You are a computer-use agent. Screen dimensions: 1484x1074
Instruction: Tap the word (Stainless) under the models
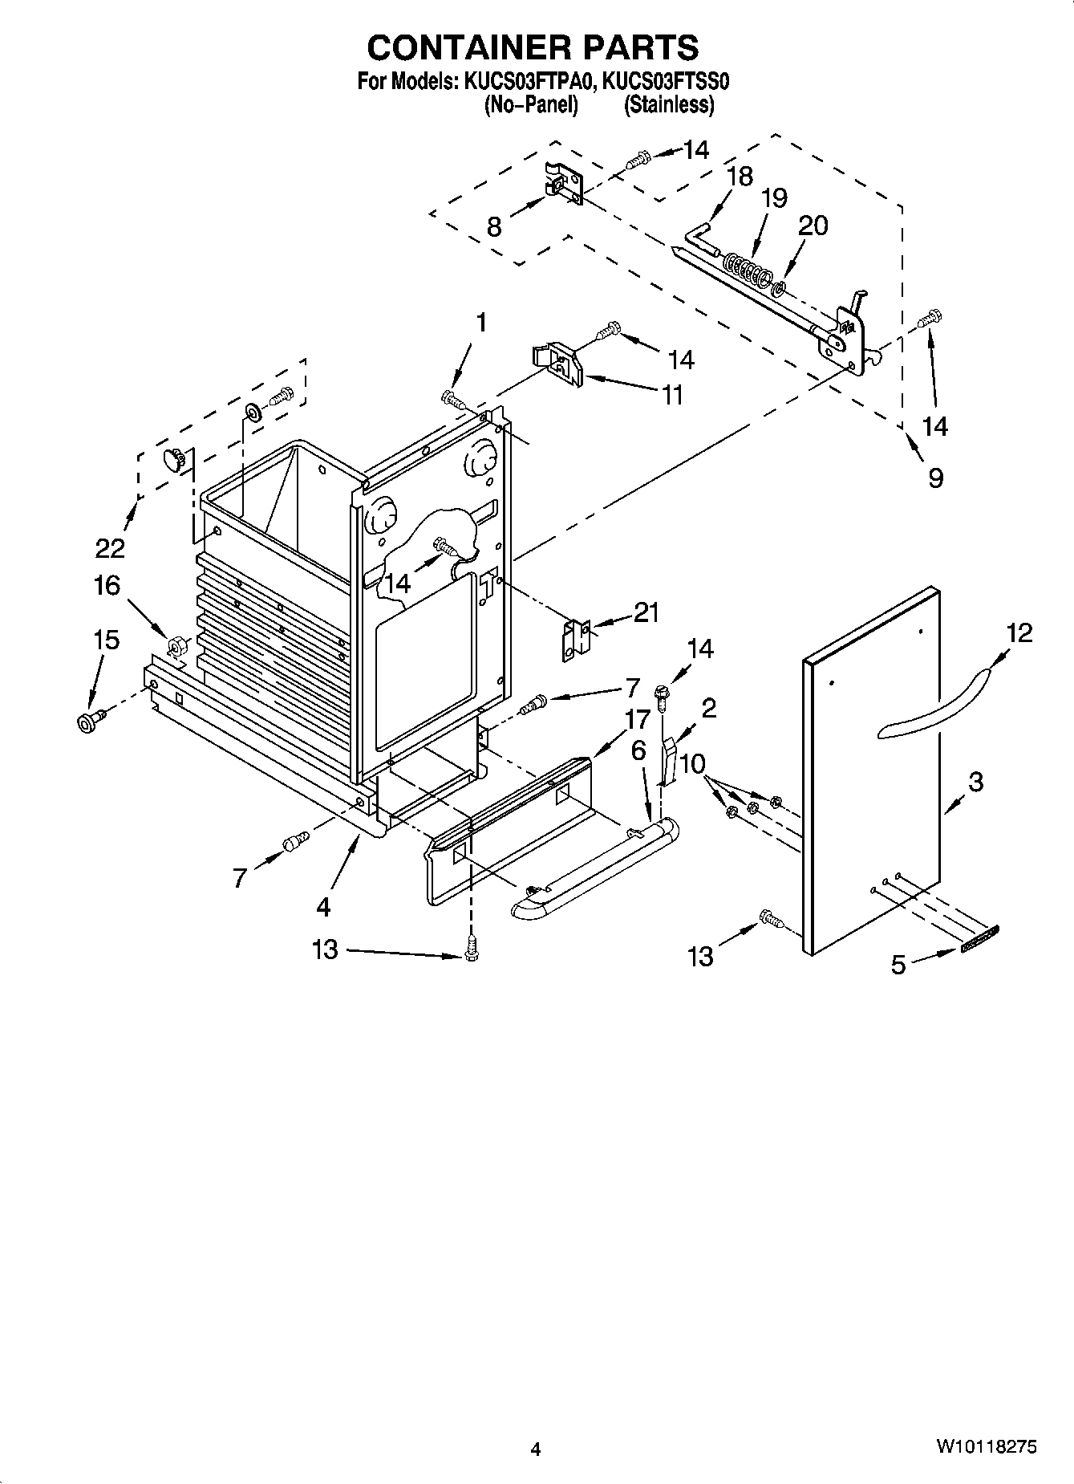click(x=669, y=104)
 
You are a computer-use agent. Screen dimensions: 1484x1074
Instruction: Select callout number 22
click(x=110, y=548)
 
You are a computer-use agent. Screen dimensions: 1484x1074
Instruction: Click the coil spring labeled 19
click(x=744, y=267)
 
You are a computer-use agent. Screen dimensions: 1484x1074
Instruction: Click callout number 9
click(x=935, y=478)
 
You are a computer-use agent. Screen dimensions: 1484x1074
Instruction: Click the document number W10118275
click(x=986, y=1446)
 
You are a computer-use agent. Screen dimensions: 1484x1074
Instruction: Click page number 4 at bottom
click(x=536, y=1449)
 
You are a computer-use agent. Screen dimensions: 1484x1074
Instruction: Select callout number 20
click(x=813, y=226)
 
